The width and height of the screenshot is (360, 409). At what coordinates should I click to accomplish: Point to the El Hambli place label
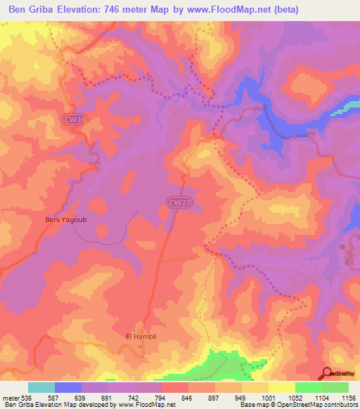click(139, 337)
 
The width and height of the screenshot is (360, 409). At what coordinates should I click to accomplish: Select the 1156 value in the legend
click(347, 397)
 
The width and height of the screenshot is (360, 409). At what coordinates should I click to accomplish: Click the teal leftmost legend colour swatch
click(41, 387)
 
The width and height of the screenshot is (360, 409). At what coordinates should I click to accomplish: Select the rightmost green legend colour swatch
click(335, 387)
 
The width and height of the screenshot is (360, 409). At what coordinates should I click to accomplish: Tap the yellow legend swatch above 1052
click(281, 387)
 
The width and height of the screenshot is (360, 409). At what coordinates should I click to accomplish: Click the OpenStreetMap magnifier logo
click(326, 373)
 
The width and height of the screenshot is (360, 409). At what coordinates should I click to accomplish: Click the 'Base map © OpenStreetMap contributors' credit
click(298, 405)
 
